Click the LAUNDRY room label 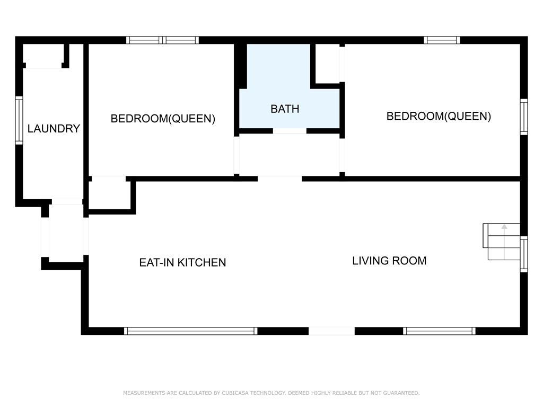[x=54, y=129]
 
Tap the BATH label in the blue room [x=285, y=109]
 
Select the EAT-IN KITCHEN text [x=182, y=262]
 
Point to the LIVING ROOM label [x=389, y=261]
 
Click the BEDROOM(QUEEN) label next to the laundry [x=163, y=119]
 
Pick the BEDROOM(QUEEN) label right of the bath [x=439, y=116]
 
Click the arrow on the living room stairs [x=504, y=242]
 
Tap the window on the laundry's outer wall [x=19, y=120]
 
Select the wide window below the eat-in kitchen [x=190, y=331]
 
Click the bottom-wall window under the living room [x=439, y=331]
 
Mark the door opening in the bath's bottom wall [x=290, y=131]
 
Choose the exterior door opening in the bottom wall [x=331, y=331]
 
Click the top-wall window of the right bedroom [x=442, y=40]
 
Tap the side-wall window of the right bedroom [x=524, y=117]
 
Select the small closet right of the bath [x=327, y=64]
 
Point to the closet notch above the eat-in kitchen [x=109, y=195]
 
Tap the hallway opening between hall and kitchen [x=280, y=179]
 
